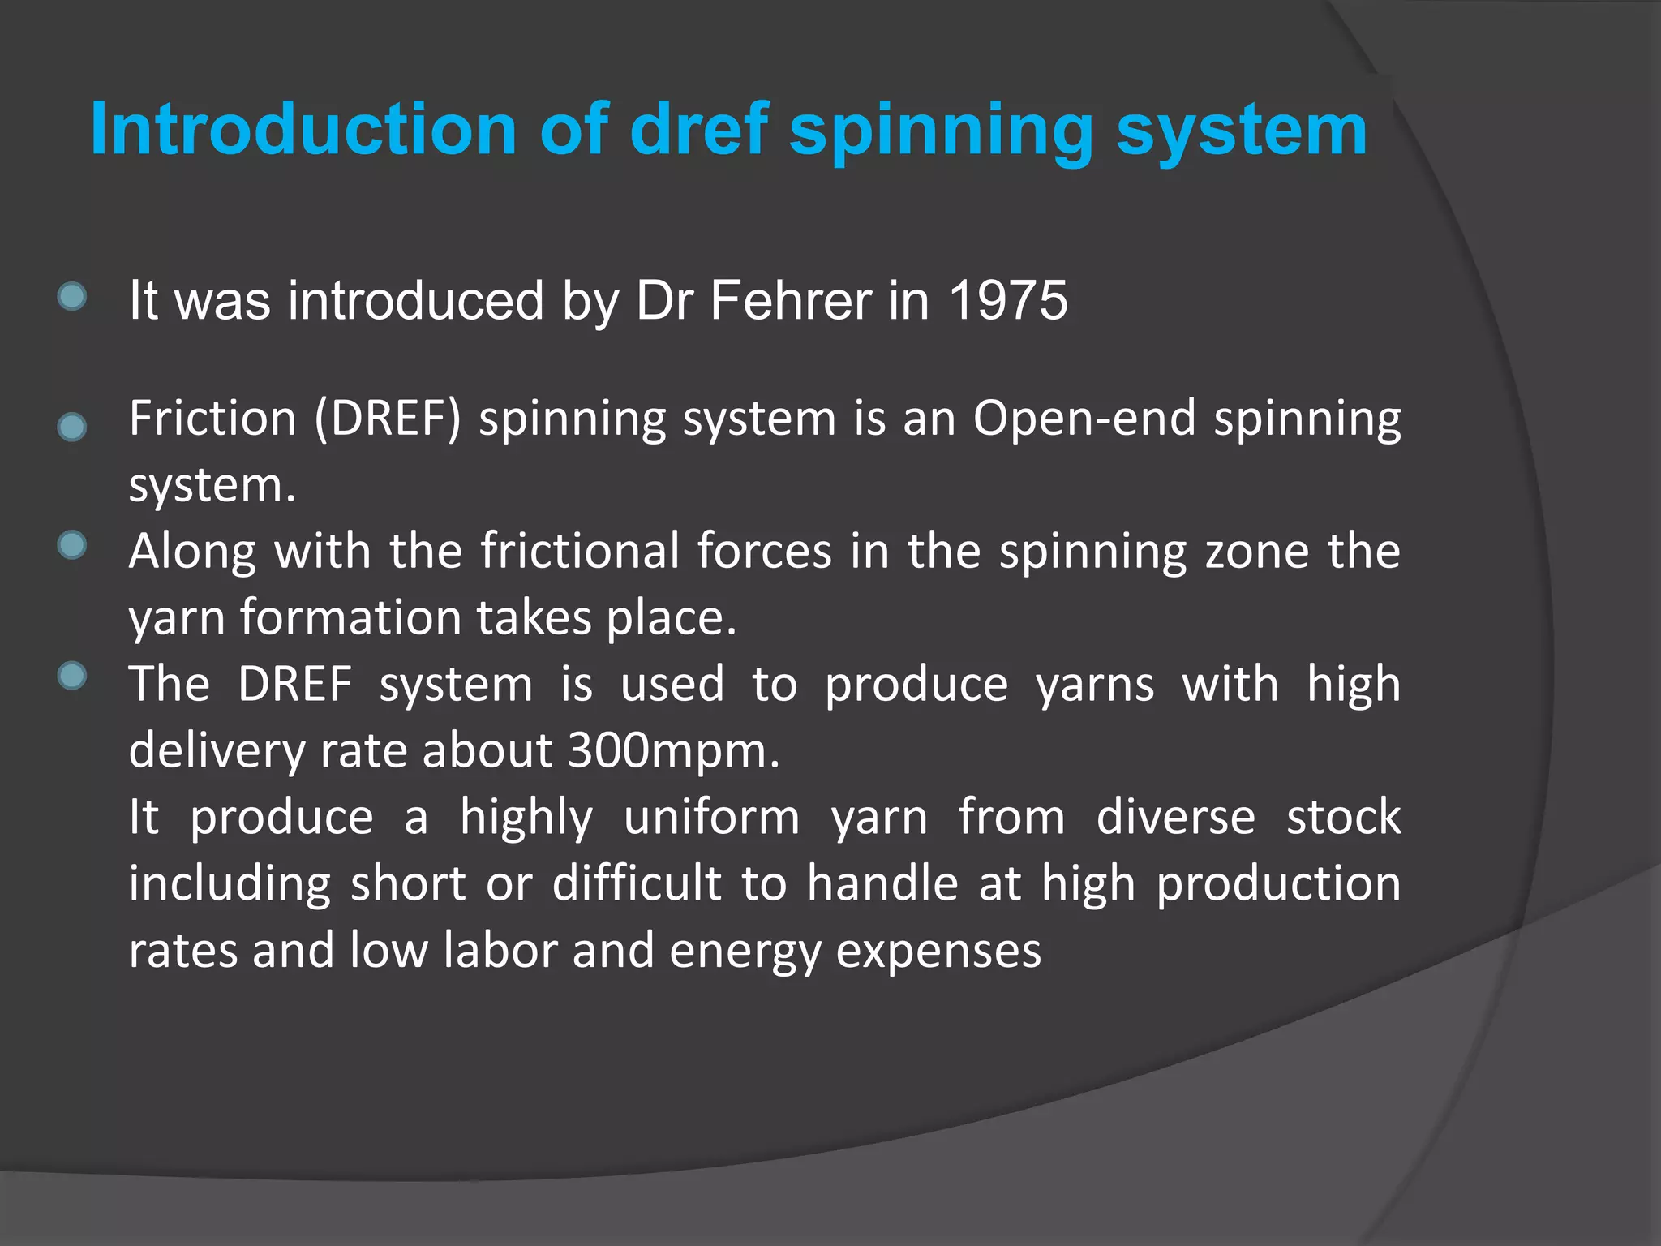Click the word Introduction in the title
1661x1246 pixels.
(303, 130)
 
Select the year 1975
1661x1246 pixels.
(1008, 301)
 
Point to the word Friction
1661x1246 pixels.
(212, 419)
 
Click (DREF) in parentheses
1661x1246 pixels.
(388, 419)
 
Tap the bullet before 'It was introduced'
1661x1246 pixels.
(72, 297)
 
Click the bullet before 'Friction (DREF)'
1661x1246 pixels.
(72, 427)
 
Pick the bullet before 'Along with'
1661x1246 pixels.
(72, 545)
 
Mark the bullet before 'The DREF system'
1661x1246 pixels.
(72, 676)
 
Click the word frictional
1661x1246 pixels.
(580, 552)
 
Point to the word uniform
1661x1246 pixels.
(711, 817)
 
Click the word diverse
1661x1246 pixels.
(1175, 817)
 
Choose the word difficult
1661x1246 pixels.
(637, 883)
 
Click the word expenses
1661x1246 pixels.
(938, 952)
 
